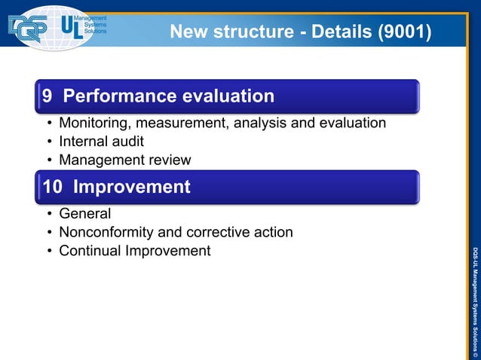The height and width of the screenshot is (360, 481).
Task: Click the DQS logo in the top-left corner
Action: click(28, 29)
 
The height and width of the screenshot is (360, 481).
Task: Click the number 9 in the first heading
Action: click(47, 96)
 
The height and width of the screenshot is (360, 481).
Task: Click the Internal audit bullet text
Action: click(101, 142)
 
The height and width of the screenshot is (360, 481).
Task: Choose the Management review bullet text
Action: click(124, 160)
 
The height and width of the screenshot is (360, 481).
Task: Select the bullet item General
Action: click(84, 214)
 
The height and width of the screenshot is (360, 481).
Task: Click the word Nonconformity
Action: click(108, 232)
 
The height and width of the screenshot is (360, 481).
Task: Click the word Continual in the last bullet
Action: click(89, 251)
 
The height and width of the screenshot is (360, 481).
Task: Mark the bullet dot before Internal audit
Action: click(49, 142)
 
